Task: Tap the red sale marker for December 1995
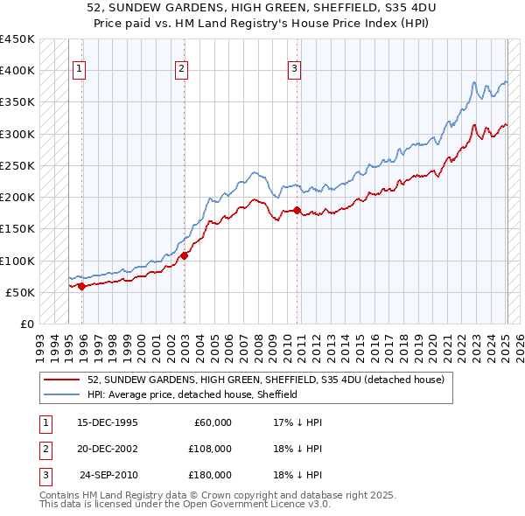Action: [x=81, y=286]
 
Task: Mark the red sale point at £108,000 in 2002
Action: [x=185, y=256]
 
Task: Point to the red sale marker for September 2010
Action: [x=297, y=210]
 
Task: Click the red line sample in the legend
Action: [x=62, y=380]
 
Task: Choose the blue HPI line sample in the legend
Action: [x=62, y=394]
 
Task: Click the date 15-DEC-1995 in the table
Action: [x=108, y=422]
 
